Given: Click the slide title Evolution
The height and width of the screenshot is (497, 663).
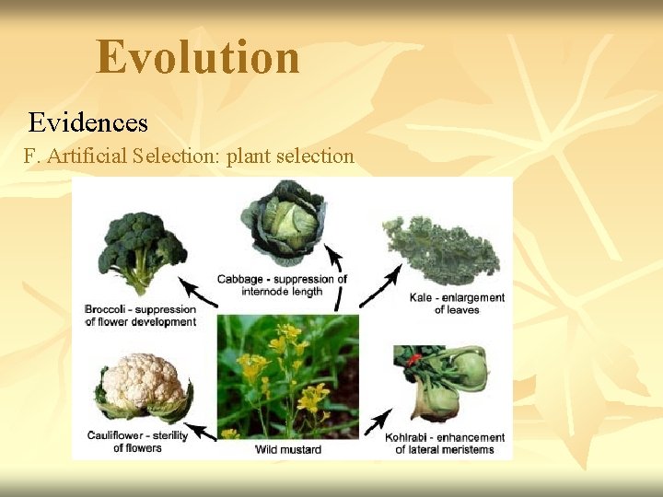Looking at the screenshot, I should coord(198,57).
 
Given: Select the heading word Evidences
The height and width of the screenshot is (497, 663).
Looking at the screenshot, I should coord(87,121).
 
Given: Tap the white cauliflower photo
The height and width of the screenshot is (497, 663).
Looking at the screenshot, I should coord(142,387).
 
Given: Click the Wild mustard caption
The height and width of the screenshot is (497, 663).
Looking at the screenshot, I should coord(287,449).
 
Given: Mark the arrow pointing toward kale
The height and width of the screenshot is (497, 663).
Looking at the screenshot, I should coord(379,286).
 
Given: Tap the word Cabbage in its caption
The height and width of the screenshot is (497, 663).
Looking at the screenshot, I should coord(240,279).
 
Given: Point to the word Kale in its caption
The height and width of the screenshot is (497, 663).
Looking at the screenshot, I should coord(422,297).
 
